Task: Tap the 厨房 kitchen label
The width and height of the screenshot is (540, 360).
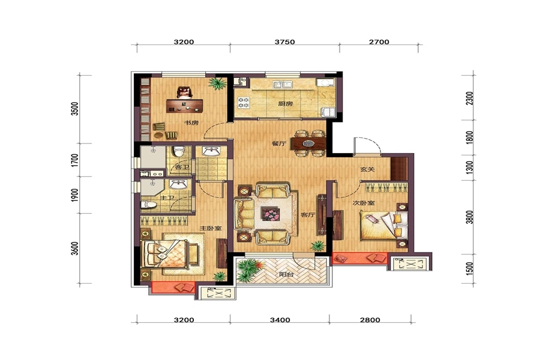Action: click(x=286, y=103)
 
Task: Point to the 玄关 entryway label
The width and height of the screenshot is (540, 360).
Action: click(x=367, y=169)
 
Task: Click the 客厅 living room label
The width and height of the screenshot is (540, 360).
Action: click(x=308, y=215)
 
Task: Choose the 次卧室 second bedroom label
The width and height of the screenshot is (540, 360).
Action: click(x=364, y=203)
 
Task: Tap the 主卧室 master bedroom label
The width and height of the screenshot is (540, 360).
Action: click(x=211, y=228)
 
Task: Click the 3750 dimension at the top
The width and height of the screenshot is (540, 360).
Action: click(x=284, y=42)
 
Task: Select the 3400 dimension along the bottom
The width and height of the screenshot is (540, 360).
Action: click(x=280, y=320)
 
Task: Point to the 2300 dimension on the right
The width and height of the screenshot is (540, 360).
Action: click(x=469, y=98)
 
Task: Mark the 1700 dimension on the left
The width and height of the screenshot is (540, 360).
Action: click(x=75, y=160)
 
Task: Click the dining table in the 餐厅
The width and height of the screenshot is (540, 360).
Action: click(x=308, y=143)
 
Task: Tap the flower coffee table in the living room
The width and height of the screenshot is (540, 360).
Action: click(x=271, y=214)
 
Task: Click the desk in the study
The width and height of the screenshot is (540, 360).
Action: click(x=185, y=106)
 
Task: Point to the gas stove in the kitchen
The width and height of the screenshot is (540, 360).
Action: click(x=244, y=103)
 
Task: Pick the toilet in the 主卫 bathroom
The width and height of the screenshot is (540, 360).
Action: click(x=149, y=205)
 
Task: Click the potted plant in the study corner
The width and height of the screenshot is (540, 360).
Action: click(x=217, y=83)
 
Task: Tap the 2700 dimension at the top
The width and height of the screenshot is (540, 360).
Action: click(x=379, y=42)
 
